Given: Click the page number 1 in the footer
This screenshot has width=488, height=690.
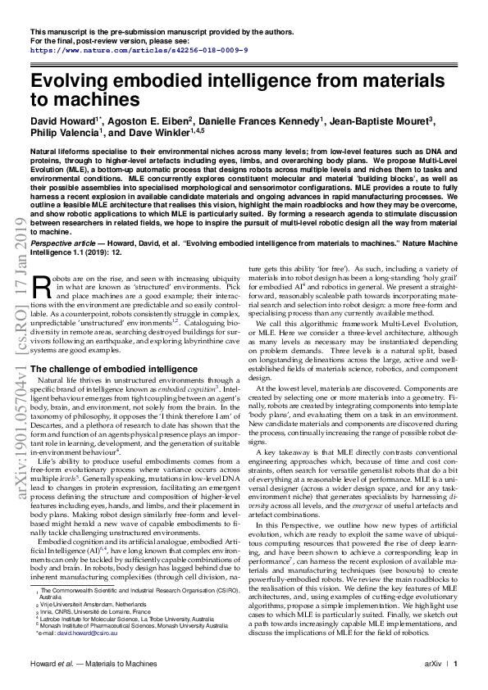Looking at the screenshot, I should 456,663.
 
